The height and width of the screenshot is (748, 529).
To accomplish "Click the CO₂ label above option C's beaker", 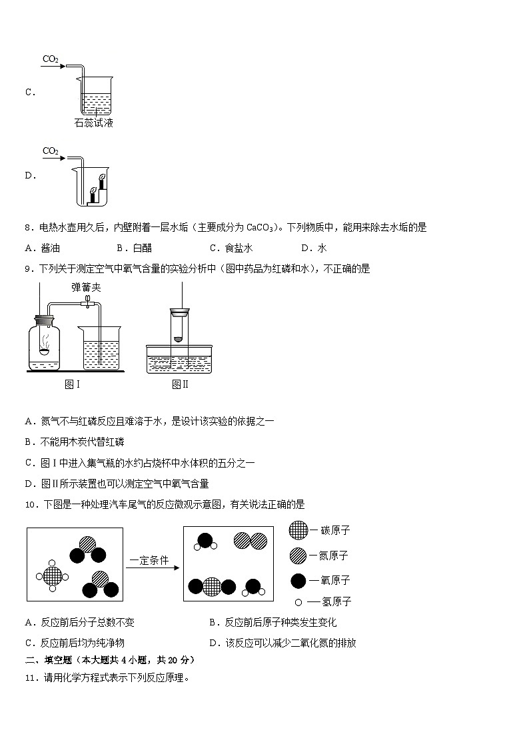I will pyautogui.click(x=51, y=59).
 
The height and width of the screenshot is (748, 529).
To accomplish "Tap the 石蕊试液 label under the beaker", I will pyautogui.click(x=94, y=123).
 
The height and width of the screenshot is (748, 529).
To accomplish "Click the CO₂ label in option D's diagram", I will pyautogui.click(x=51, y=151).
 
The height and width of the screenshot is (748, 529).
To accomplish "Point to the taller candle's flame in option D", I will pyautogui.click(x=102, y=178).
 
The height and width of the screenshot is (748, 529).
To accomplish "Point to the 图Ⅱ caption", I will pyautogui.click(x=180, y=384).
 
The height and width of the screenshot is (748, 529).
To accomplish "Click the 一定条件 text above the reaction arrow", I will pyautogui.click(x=149, y=560).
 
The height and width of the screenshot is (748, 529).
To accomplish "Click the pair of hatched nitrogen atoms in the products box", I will pyautogui.click(x=250, y=541).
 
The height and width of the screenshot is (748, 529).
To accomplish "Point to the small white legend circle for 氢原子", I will pyautogui.click(x=298, y=602).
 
